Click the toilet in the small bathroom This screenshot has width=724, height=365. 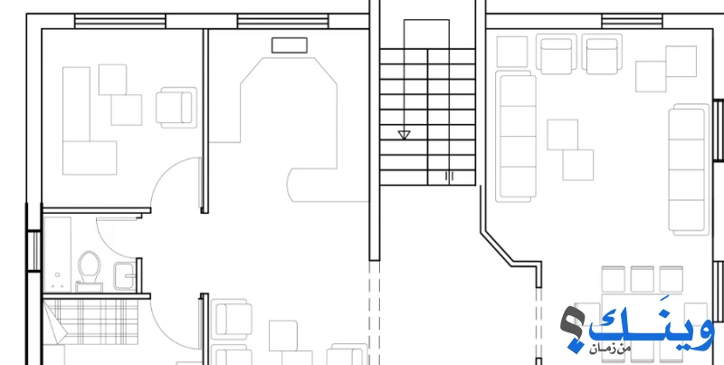(x=89, y=267)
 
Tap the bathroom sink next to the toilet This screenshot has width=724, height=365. (x=124, y=276)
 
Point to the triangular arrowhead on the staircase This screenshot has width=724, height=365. (x=404, y=135)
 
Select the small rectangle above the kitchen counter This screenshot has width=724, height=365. (x=290, y=45)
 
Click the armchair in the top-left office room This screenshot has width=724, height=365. (x=176, y=108)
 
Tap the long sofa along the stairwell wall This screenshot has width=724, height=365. (x=516, y=136)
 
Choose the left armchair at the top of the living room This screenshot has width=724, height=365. (x=557, y=54)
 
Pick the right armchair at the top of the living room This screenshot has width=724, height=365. (x=602, y=54)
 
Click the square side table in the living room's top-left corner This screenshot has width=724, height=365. (x=512, y=52)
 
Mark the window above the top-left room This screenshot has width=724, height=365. (x=120, y=21)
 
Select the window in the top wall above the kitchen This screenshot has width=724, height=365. (x=282, y=21)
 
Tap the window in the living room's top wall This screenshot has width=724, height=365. (x=632, y=21)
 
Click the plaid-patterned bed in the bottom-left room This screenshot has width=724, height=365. (x=91, y=322)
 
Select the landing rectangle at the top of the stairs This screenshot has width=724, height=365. (x=426, y=34)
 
